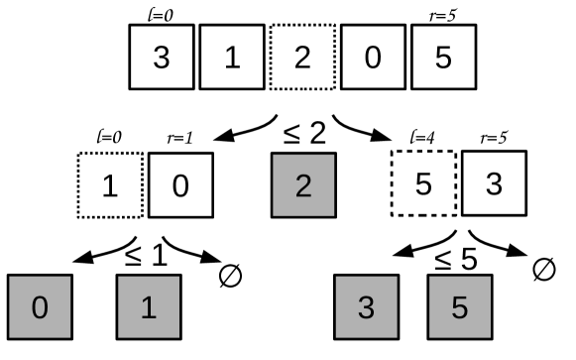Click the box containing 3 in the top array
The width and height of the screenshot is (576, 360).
tap(161, 58)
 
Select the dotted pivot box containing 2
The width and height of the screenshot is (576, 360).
tap(301, 58)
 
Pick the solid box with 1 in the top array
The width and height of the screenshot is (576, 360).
tap(231, 58)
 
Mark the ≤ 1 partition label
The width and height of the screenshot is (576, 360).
tap(146, 256)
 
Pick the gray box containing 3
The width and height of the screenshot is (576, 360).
tap(365, 308)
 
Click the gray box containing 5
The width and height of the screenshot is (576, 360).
tap(459, 308)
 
